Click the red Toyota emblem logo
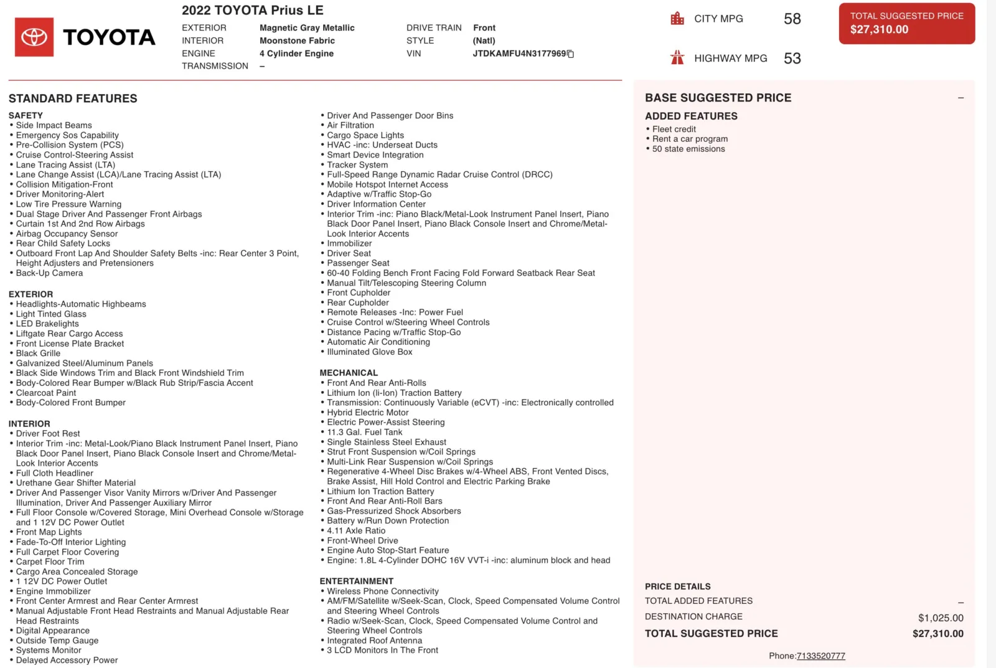pos(34,37)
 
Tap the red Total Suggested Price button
pos(906,24)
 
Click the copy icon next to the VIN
pos(570,54)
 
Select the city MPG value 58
pos(792,19)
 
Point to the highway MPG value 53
pos(792,59)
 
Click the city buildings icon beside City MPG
pos(677,19)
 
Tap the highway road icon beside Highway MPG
pos(677,58)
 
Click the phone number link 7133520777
pos(820,656)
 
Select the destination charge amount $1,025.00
pos(940,618)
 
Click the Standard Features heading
pos(73,98)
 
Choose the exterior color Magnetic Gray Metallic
pos(307,28)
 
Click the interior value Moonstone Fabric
pos(297,40)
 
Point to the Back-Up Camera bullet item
pos(49,273)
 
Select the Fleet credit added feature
pos(674,129)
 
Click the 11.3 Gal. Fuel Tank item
pos(364,432)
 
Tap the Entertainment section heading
pos(356,581)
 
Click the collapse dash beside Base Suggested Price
pos(961,98)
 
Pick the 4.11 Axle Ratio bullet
pos(356,530)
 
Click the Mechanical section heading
pos(349,373)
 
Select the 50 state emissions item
pos(688,149)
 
